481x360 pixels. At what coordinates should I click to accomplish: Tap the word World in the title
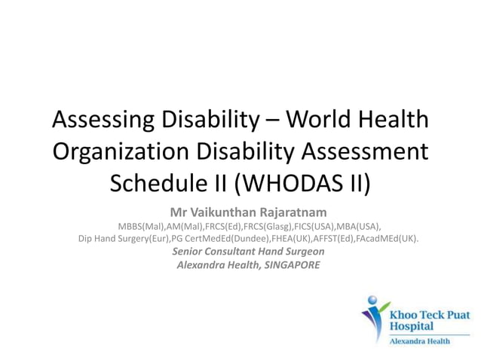pos(331,119)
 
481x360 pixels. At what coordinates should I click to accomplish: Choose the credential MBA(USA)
pos(359,226)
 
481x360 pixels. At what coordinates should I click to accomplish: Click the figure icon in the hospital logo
pos(373,317)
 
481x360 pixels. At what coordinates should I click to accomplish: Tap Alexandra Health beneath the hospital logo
pos(419,341)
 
